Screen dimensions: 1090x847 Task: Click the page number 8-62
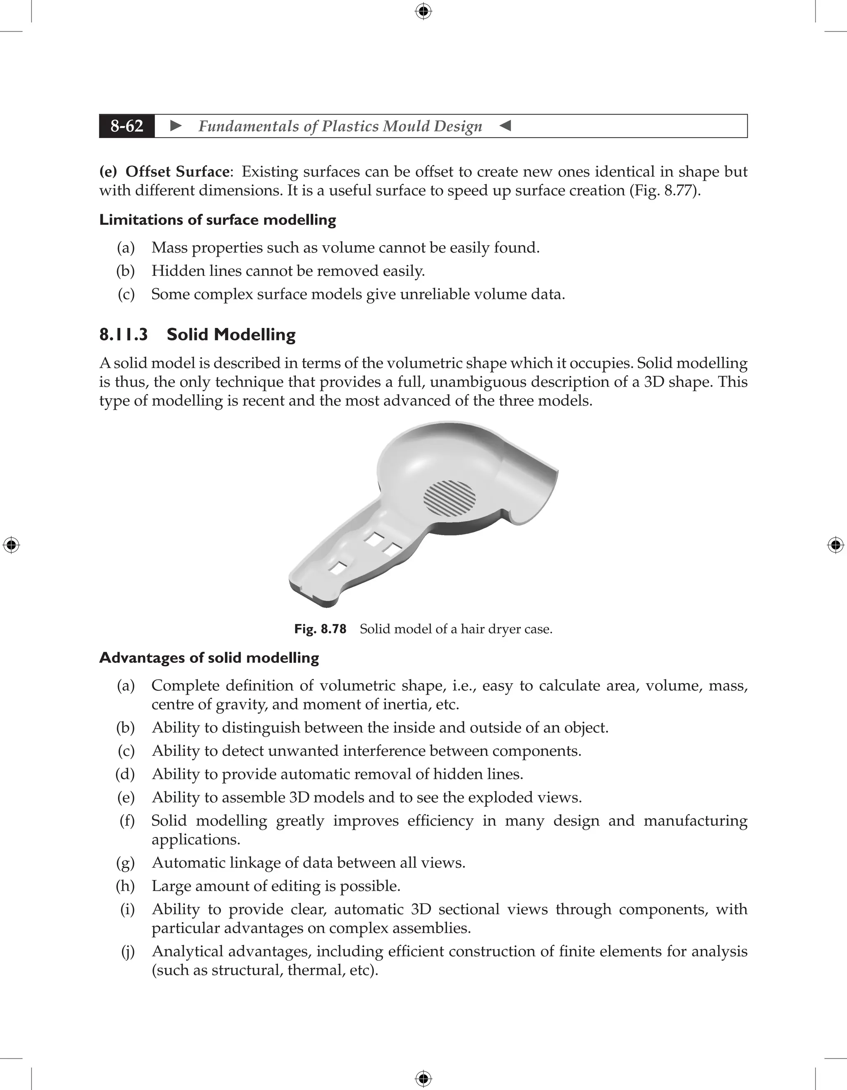tap(127, 126)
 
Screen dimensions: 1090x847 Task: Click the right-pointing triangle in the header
tap(176, 126)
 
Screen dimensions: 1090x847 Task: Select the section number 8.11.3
tap(123, 335)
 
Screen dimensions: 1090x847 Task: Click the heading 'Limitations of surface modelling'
tap(218, 220)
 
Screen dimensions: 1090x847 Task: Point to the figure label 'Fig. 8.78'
tap(320, 629)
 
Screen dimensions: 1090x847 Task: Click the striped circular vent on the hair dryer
tap(449, 498)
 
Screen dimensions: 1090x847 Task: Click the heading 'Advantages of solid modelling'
tap(209, 658)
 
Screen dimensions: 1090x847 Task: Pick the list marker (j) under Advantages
tap(128, 952)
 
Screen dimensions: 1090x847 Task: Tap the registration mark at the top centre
tap(423, 11)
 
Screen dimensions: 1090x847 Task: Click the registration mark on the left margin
tap(11, 545)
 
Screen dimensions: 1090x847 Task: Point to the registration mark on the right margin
tap(835, 545)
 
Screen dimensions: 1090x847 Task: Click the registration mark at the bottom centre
tap(423, 1078)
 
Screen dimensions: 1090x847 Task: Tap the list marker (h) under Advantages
tap(126, 886)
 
